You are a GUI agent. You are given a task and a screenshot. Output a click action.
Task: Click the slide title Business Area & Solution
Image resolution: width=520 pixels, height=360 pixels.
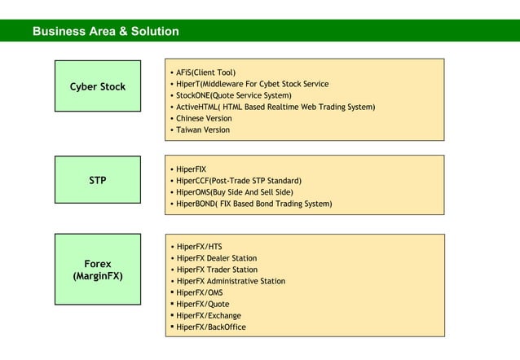coord(105,32)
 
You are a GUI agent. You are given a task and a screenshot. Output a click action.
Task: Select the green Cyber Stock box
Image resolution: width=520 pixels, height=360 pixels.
coord(98,86)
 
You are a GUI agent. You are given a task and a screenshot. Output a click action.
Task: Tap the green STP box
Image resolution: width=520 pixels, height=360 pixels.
coord(98,180)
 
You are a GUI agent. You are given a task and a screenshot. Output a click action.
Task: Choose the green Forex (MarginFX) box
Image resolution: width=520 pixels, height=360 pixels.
coord(98,270)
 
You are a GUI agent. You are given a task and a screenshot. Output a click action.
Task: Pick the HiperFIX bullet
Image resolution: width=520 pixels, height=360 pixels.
coord(192,169)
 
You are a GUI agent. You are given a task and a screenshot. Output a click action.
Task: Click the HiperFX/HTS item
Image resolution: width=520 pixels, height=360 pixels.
coord(199,247)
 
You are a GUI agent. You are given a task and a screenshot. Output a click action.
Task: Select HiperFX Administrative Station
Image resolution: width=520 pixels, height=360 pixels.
coord(231,281)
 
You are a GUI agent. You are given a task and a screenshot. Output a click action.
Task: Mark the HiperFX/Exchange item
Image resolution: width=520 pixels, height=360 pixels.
coord(209,315)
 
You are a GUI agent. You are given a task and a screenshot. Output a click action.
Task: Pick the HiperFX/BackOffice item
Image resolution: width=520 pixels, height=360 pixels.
coord(211,327)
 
